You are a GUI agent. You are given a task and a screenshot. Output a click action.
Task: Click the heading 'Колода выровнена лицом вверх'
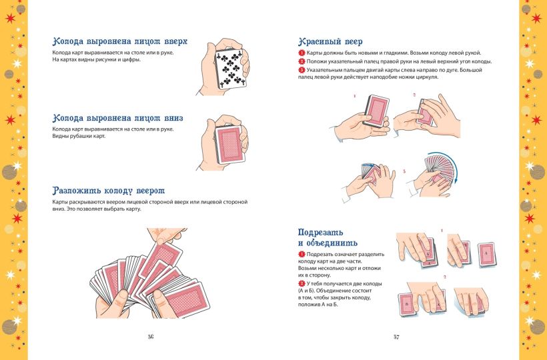tap(119, 41)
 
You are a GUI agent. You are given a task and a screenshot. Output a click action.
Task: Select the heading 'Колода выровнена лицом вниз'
tap(117, 118)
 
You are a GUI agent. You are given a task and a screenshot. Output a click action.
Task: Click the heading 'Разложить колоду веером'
tap(108, 191)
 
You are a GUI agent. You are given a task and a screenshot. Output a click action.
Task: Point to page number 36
tap(151, 337)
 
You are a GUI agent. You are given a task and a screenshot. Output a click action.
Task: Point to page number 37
tap(396, 337)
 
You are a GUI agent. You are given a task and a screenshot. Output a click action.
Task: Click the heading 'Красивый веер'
tap(330, 41)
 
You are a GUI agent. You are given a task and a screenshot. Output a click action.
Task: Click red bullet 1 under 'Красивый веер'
tap(302, 53)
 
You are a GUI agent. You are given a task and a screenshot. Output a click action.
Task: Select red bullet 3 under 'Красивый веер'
tap(302, 69)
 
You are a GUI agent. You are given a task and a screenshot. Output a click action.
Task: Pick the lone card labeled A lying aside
tap(487, 254)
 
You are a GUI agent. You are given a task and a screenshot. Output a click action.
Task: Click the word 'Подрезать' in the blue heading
tap(320, 232)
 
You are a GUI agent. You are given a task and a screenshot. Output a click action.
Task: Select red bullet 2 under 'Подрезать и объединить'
tap(302, 284)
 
